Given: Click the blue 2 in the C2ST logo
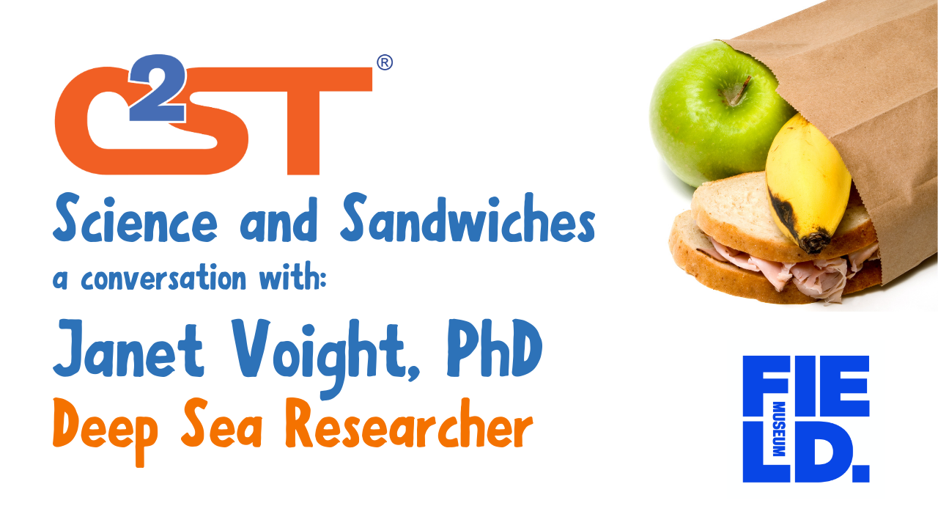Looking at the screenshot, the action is pyautogui.click(x=158, y=89).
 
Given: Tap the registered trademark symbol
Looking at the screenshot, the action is pyautogui.click(x=385, y=62).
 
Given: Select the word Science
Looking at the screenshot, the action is pyautogui.click(x=135, y=219).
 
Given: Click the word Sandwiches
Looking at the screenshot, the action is pyautogui.click(x=468, y=218).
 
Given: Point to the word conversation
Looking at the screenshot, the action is pyautogui.click(x=163, y=276).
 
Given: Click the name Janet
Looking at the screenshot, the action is pyautogui.click(x=128, y=348).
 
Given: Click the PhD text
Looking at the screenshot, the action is pyautogui.click(x=495, y=348).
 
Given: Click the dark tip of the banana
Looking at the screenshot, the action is pyautogui.click(x=814, y=242).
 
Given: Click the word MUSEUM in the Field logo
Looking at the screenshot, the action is pyautogui.click(x=778, y=429).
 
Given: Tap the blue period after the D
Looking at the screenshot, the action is pyautogui.click(x=861, y=474).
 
